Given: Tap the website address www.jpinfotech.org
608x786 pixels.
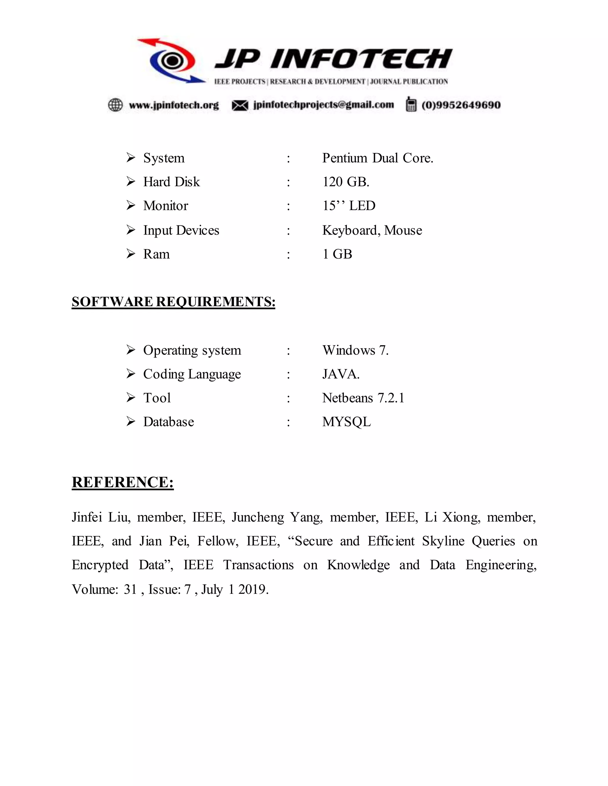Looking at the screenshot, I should [174, 105].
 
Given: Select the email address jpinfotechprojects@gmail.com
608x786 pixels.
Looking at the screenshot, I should [324, 105].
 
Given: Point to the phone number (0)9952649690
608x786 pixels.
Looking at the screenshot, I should [461, 105].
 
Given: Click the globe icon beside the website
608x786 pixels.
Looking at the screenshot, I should [115, 105].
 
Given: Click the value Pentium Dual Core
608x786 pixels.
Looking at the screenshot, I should [378, 158].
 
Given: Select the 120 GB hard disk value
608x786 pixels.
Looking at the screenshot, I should [346, 182].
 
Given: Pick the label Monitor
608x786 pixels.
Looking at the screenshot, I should [166, 206].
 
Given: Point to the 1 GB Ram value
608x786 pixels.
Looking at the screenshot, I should [337, 254].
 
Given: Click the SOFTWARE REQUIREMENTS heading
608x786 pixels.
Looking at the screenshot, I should [173, 302].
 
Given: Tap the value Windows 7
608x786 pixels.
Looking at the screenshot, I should [355, 350].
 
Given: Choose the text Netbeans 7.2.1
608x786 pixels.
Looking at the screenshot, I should [363, 398].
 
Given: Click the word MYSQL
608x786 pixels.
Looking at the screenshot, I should [346, 422].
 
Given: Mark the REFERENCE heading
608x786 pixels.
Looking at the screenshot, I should [123, 482].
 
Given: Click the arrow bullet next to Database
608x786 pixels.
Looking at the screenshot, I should [131, 421].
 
